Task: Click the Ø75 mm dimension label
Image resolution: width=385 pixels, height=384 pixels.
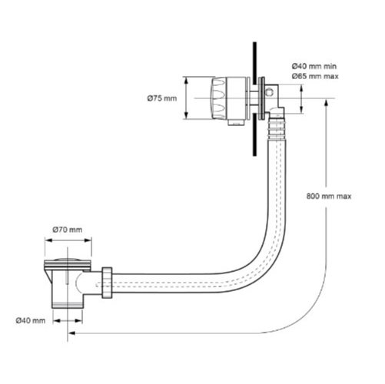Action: (x=162, y=98)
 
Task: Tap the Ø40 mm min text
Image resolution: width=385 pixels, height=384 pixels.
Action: (x=314, y=66)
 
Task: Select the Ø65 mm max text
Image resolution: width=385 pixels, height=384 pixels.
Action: (x=315, y=76)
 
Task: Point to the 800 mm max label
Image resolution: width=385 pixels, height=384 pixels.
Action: (x=329, y=197)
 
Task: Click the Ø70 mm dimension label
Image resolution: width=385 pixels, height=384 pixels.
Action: (x=68, y=230)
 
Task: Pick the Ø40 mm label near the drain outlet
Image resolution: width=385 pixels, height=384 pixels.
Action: (x=31, y=320)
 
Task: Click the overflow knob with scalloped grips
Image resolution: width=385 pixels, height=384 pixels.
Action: (x=218, y=98)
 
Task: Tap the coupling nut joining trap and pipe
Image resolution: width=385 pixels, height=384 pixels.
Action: (x=107, y=283)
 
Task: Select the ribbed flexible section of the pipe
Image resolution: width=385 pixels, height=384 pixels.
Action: (x=277, y=129)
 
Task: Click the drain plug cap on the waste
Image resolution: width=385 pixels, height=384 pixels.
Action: (x=68, y=260)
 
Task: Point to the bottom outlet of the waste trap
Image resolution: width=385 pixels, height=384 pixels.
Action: (x=68, y=305)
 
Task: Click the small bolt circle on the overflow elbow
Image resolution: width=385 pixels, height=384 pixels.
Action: (x=270, y=91)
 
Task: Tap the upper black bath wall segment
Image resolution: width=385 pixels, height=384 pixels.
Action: (x=254, y=63)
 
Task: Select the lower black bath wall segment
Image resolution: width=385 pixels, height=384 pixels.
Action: (x=254, y=134)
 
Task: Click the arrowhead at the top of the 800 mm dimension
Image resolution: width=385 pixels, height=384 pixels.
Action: (x=326, y=104)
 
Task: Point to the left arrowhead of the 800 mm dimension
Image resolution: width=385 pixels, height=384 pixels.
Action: (x=71, y=333)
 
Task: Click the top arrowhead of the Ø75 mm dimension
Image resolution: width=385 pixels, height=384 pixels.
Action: (x=187, y=81)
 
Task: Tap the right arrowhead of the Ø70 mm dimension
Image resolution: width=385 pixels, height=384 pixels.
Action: (x=88, y=240)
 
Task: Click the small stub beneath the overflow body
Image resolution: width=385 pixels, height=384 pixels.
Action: (x=236, y=123)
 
